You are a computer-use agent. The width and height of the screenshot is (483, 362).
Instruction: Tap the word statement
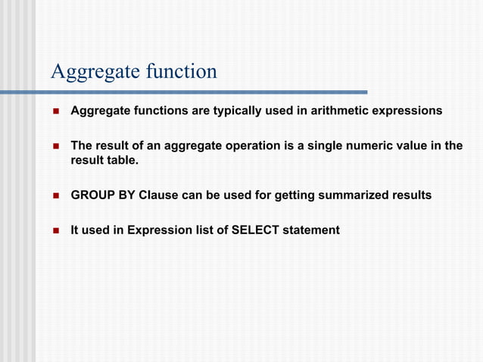[x=311, y=230]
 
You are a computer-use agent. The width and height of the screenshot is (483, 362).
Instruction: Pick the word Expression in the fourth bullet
[x=157, y=230]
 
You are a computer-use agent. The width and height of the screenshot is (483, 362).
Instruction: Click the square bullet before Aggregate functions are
[x=55, y=111]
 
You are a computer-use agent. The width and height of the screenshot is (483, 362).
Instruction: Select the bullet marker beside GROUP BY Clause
[x=55, y=195]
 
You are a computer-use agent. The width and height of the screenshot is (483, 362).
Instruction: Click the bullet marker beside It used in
[x=55, y=230]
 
